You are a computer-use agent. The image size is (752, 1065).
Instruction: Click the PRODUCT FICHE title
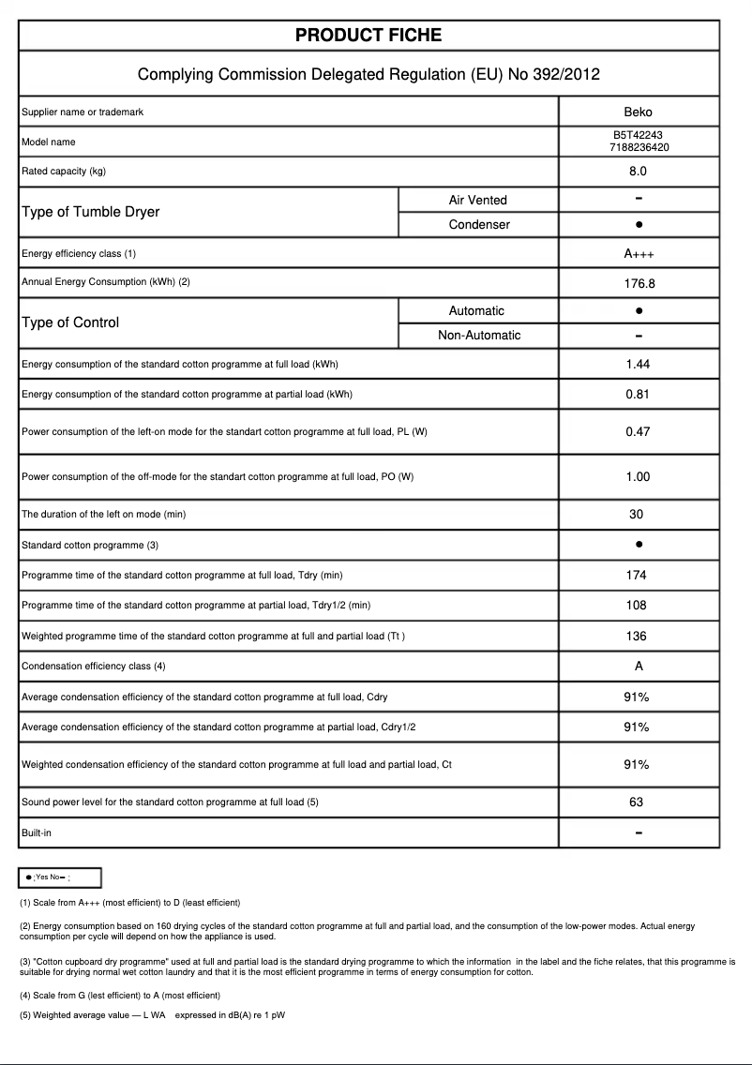[368, 36]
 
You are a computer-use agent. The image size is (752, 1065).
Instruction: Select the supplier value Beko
[638, 112]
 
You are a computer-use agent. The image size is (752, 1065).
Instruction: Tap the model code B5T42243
[638, 136]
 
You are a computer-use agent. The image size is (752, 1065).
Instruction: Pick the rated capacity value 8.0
[638, 172]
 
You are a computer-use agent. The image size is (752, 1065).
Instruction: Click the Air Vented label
[477, 200]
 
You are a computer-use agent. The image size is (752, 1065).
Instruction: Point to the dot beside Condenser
[638, 225]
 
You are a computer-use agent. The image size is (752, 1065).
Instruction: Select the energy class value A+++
[638, 254]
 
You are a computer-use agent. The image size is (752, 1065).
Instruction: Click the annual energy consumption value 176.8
[638, 282]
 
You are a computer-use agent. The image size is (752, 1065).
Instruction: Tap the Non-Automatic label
[478, 336]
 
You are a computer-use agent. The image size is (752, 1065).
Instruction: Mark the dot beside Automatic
[638, 310]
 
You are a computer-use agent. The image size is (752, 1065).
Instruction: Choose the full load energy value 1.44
[638, 364]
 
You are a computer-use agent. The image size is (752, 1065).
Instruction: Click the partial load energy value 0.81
[638, 394]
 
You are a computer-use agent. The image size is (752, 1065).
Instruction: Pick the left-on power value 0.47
[638, 431]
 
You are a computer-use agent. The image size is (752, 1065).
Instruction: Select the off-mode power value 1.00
[638, 476]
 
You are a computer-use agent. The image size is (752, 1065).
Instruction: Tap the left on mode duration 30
[637, 514]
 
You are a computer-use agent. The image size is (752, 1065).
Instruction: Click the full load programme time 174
[637, 575]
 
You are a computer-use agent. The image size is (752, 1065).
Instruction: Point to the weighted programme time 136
[637, 636]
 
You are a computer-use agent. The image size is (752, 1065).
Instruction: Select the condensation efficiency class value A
[638, 666]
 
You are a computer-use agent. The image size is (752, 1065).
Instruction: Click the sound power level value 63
[637, 802]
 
